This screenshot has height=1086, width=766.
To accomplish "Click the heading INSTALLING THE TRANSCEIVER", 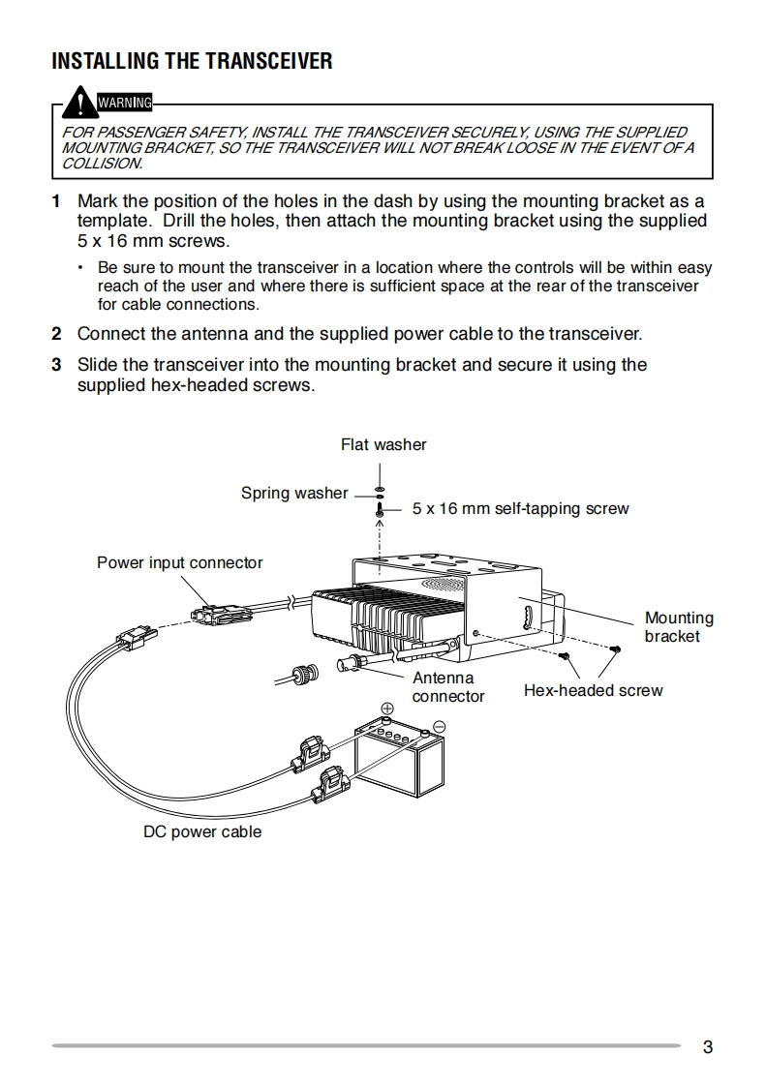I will (x=191, y=62).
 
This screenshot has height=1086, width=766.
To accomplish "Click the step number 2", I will (x=56, y=335).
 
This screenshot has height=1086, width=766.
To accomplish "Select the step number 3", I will (x=56, y=365).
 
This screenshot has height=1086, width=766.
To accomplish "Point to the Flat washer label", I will (x=383, y=445).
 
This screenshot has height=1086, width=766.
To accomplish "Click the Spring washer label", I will (x=293, y=494).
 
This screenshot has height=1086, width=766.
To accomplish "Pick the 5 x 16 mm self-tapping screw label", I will (x=520, y=509).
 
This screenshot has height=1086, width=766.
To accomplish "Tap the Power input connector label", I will (x=179, y=563).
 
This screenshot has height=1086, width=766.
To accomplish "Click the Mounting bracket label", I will (x=679, y=627).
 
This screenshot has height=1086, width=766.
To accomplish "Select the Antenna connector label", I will (x=447, y=687).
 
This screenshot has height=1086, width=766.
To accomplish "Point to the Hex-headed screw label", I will (x=593, y=691).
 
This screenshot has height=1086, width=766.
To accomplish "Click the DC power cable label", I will (x=202, y=832).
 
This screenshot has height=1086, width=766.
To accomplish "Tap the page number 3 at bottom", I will (x=708, y=1046).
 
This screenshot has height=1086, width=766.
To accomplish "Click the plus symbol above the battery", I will (x=386, y=709).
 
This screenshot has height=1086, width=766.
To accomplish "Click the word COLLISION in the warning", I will (x=102, y=164).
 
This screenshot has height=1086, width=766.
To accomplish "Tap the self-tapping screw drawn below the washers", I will (x=381, y=509).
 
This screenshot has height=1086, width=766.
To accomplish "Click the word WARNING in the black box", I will (x=125, y=102).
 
